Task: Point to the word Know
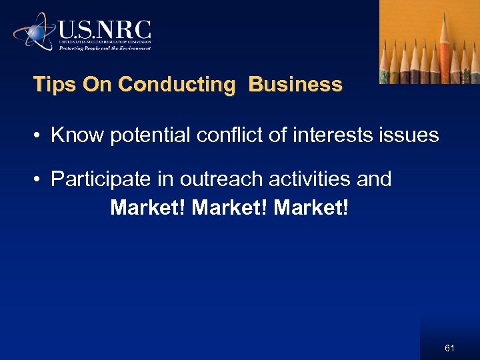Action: coord(76,135)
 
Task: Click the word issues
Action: coord(411,135)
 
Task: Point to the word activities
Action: coord(307,179)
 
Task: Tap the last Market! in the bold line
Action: coord(311,208)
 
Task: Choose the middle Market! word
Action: coord(229,208)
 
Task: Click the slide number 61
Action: coord(449,348)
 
